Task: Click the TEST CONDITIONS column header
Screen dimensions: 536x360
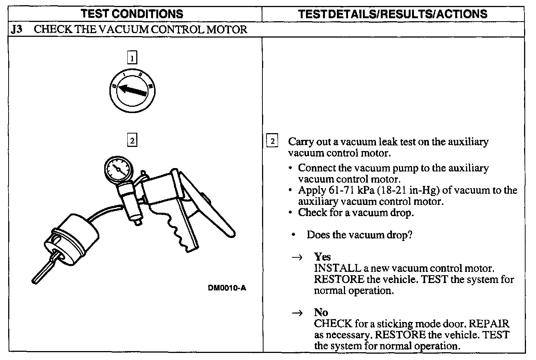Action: point(132,14)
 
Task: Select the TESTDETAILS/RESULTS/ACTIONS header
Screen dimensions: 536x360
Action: point(393,14)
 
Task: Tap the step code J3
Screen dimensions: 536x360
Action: point(16,29)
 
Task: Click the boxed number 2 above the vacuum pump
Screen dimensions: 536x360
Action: point(132,141)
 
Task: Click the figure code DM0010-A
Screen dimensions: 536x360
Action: point(227,287)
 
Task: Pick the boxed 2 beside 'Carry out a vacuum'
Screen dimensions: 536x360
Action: point(272,142)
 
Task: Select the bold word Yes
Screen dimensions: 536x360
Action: point(322,257)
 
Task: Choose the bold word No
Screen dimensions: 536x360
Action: point(321,312)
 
